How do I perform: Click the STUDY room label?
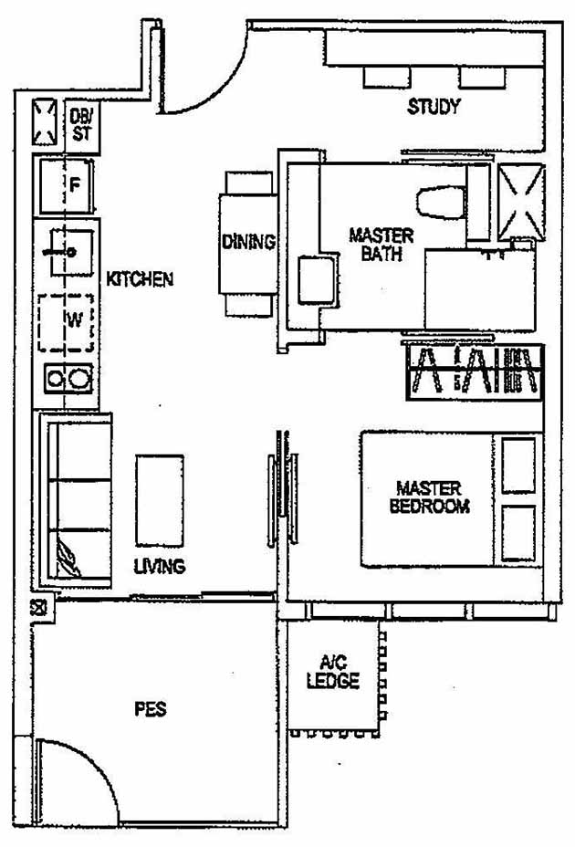433,108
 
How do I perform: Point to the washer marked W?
66,321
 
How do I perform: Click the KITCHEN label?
140,279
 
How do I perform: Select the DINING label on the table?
248,243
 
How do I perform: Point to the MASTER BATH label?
381,245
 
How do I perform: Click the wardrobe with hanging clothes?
473,372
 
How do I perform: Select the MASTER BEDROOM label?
429,497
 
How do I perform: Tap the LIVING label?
160,567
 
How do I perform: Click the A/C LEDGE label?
333,674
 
